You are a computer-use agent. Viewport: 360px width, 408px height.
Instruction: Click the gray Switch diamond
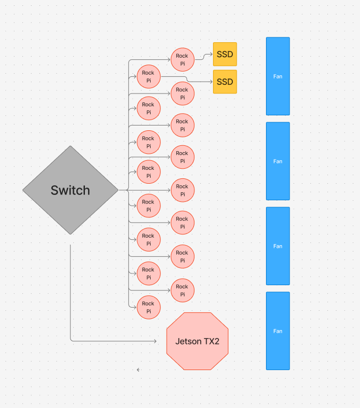(x=70, y=190)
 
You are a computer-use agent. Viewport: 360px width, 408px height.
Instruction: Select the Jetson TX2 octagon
(x=197, y=341)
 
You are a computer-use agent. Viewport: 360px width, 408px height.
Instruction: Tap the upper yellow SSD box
(x=225, y=54)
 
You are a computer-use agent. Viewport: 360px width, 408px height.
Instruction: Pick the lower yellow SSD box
(x=225, y=82)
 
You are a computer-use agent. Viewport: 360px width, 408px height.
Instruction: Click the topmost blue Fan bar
(x=278, y=76)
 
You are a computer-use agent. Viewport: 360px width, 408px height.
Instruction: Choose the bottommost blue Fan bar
(x=278, y=331)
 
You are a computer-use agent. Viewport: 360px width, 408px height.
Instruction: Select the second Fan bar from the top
(x=278, y=161)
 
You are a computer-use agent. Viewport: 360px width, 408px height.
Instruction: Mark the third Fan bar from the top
(x=278, y=246)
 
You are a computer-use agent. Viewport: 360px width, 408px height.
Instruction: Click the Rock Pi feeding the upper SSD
(x=182, y=59)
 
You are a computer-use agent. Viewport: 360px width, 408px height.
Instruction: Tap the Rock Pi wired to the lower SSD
(x=148, y=76)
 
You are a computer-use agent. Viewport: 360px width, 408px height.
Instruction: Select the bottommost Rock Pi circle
(x=148, y=307)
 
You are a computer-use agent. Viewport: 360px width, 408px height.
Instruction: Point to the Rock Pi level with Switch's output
(x=182, y=190)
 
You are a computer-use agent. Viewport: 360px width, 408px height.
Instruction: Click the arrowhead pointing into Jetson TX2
(x=155, y=341)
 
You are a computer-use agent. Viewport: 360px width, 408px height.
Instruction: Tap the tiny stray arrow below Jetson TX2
(x=138, y=370)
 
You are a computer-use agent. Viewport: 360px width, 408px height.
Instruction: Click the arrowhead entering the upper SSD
(x=210, y=54)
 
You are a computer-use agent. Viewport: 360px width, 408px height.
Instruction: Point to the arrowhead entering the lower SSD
(x=210, y=82)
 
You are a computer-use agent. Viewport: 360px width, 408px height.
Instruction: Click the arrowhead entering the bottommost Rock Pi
(x=135, y=307)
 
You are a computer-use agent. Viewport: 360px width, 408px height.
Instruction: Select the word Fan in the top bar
(x=278, y=76)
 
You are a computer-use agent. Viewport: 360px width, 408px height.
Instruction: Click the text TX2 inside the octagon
(x=210, y=341)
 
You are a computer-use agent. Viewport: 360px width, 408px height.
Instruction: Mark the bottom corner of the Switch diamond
(x=70, y=234)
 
